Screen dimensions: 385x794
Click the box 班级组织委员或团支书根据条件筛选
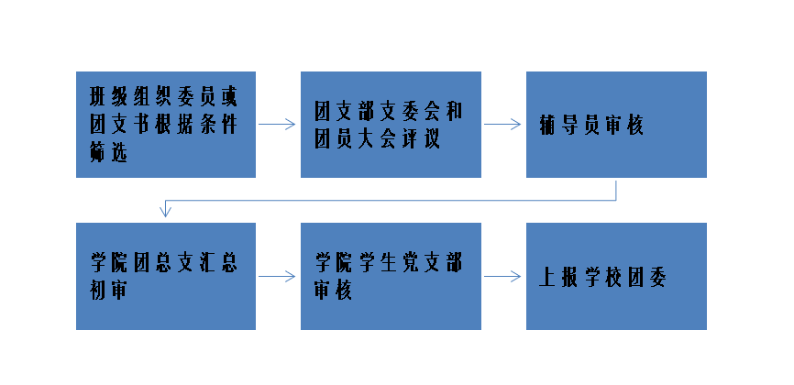pos(165,124)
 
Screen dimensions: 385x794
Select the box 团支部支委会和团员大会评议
pos(390,124)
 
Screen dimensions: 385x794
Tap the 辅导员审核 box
pos(615,124)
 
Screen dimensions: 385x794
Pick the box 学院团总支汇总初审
pos(165,276)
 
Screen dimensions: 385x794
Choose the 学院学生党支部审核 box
pos(390,276)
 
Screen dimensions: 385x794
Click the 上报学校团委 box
pos(615,276)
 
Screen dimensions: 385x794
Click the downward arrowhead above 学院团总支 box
pos(165,212)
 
